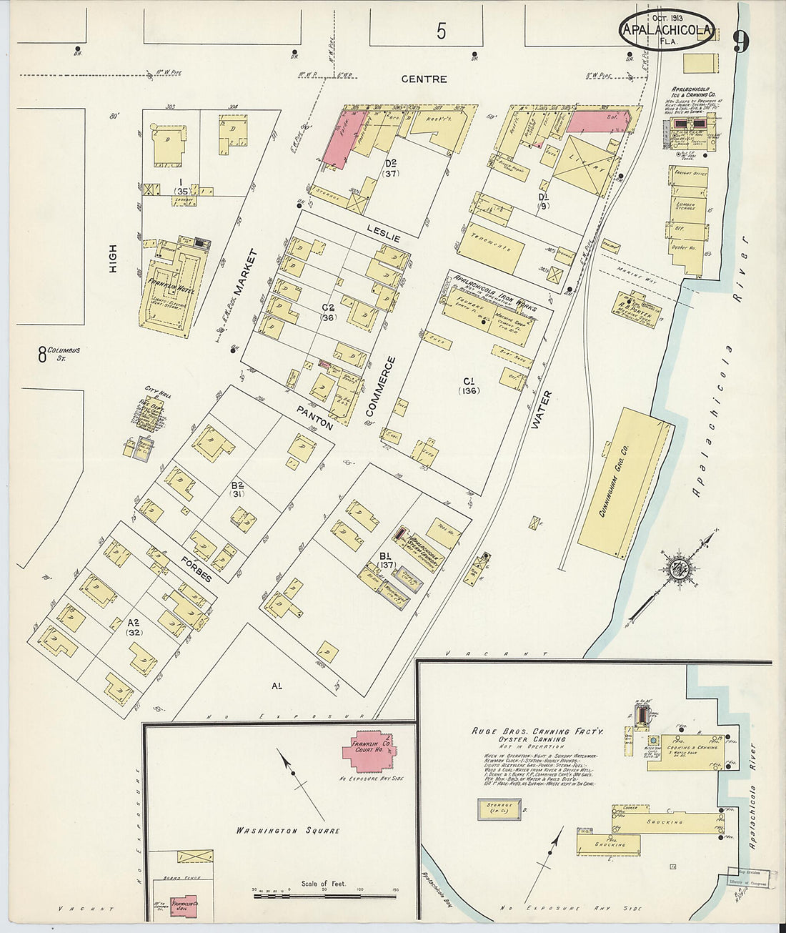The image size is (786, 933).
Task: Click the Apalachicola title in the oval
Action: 666,30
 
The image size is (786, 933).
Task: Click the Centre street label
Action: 424,79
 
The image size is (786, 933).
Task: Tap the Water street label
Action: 542,410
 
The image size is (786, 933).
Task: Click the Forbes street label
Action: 196,568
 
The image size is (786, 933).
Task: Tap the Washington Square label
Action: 288,831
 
